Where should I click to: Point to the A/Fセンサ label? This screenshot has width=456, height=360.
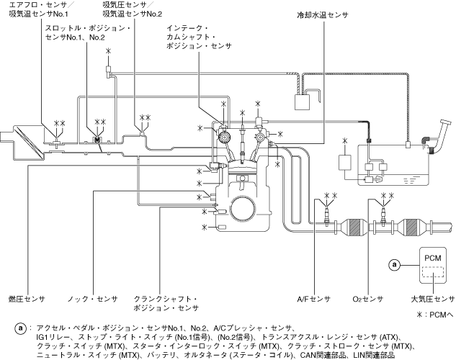click(313, 297)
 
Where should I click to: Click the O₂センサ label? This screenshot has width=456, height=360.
click(367, 297)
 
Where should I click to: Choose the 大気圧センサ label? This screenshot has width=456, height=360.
click(432, 297)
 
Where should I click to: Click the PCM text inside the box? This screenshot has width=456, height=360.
click(432, 258)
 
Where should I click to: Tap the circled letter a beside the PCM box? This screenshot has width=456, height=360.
click(394, 264)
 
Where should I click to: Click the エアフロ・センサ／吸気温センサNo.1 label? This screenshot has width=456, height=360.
click(40, 9)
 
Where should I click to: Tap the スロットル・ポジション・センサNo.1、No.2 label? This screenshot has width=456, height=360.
click(87, 32)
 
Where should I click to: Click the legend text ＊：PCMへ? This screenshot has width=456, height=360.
click(435, 315)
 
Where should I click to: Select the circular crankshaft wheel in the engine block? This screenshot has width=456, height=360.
click(241, 209)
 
